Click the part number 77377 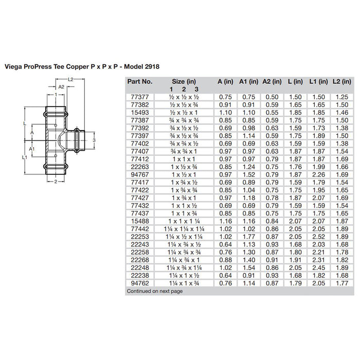135,96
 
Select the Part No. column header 139,81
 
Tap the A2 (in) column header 272,81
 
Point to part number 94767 135,174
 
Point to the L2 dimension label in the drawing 71,79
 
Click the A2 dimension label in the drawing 61,87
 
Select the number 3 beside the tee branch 94,139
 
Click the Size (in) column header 184,81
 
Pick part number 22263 135,167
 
